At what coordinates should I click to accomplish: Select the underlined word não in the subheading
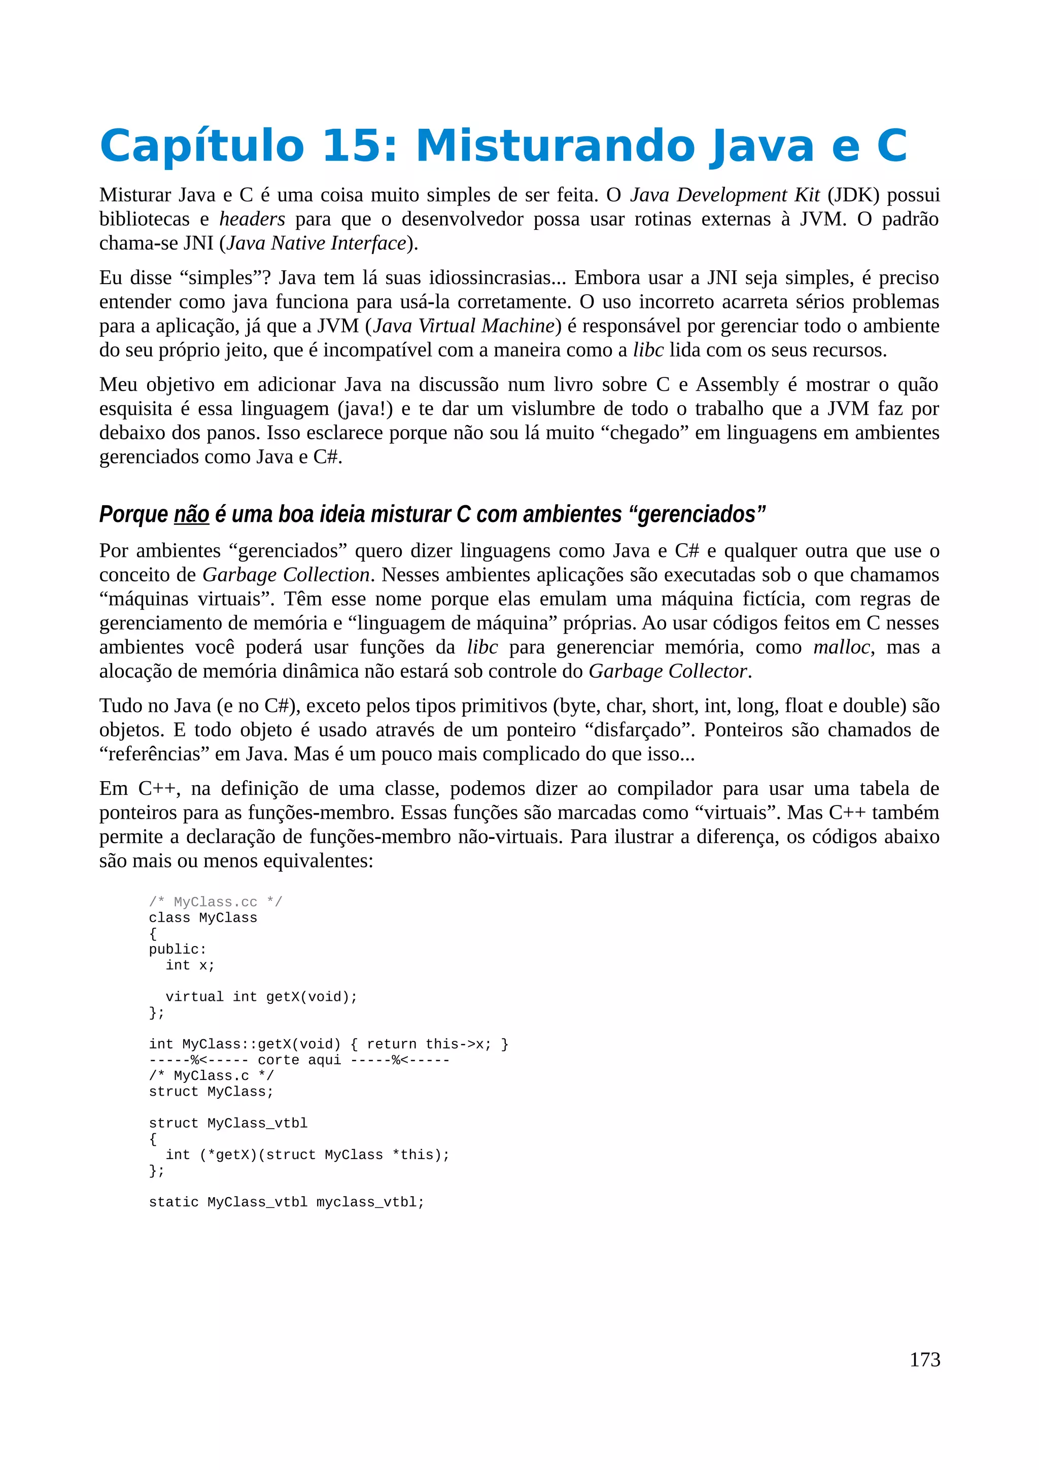click(x=191, y=514)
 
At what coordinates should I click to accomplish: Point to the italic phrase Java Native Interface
click(x=317, y=243)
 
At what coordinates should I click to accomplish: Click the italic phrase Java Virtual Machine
click(x=464, y=326)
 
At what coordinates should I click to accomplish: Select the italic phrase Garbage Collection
click(x=286, y=575)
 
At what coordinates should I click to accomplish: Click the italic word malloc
click(x=841, y=647)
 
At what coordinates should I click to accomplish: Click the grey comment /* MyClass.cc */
click(x=215, y=902)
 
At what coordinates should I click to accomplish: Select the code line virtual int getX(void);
click(x=261, y=997)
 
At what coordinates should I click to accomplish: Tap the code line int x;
click(x=190, y=965)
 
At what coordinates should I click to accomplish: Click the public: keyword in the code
click(x=178, y=950)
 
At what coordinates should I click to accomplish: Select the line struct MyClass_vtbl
click(x=228, y=1124)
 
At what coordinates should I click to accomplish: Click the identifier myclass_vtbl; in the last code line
click(x=370, y=1202)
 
